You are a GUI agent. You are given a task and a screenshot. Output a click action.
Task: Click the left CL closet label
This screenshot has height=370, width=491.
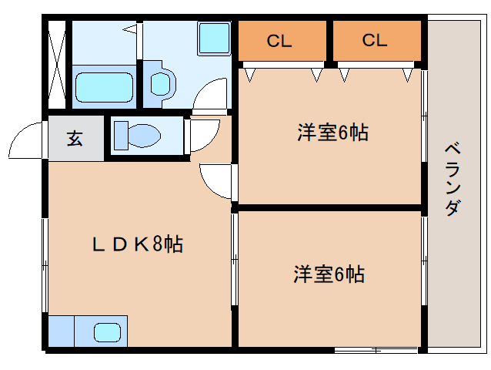[279, 42]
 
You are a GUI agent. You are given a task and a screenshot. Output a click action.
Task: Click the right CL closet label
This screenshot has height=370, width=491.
[375, 42]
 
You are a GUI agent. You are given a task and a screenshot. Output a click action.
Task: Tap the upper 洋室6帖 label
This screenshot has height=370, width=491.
[332, 133]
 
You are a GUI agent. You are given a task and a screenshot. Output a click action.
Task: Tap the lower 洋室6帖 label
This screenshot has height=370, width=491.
[329, 274]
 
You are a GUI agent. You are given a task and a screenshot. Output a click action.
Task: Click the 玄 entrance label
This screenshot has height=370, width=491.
[75, 139]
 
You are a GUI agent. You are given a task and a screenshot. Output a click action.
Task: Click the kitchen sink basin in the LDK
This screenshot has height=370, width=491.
[108, 333]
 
